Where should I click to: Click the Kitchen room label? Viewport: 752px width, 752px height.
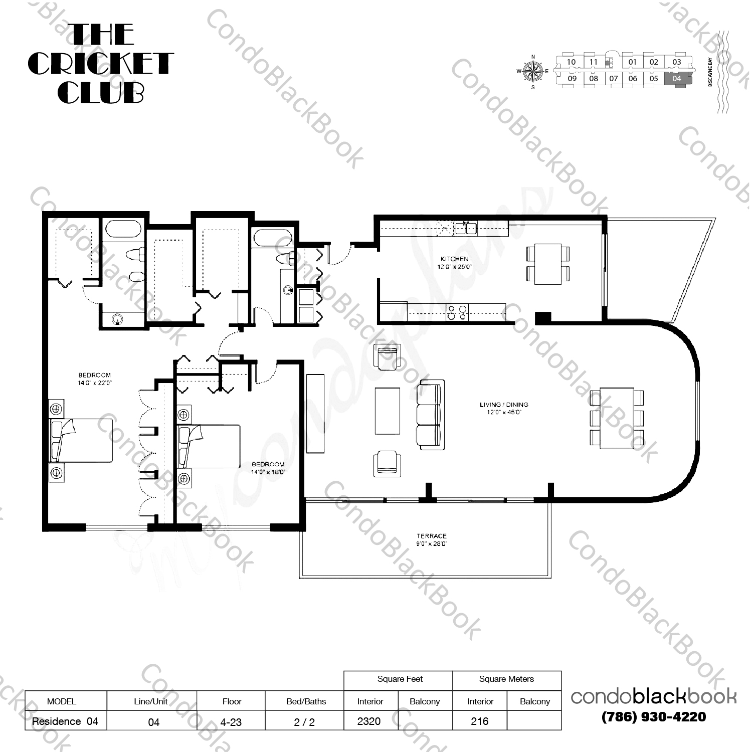pos(455,263)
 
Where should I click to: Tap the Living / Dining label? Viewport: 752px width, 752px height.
pos(504,408)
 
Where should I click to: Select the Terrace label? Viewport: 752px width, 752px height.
pos(431,539)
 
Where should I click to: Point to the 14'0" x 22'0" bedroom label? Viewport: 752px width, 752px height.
pos(94,379)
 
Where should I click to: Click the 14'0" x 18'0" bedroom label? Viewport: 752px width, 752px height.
pos(268,468)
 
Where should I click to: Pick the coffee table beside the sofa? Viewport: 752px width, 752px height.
pos(388,411)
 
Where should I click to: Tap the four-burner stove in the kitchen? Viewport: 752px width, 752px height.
pos(457,312)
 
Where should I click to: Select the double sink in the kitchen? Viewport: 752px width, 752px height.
pos(466,229)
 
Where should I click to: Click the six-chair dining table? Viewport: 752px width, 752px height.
pos(617,418)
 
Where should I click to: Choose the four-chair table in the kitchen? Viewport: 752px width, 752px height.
pos(548,264)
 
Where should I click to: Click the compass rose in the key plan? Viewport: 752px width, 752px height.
pos(532,71)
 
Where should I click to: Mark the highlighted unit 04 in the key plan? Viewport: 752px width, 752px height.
pos(677,79)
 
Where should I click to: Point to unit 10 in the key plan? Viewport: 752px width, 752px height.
pos(571,62)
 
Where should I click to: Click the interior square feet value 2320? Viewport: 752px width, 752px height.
pos(369,721)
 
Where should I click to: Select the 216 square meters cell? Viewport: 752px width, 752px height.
pos(480,721)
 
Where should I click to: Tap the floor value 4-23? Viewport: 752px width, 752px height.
pos(231,722)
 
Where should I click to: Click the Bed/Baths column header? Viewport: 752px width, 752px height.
pos(306,701)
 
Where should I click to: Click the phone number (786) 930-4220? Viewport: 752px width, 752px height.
pos(654,717)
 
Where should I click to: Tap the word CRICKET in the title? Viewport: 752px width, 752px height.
pos(101,64)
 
